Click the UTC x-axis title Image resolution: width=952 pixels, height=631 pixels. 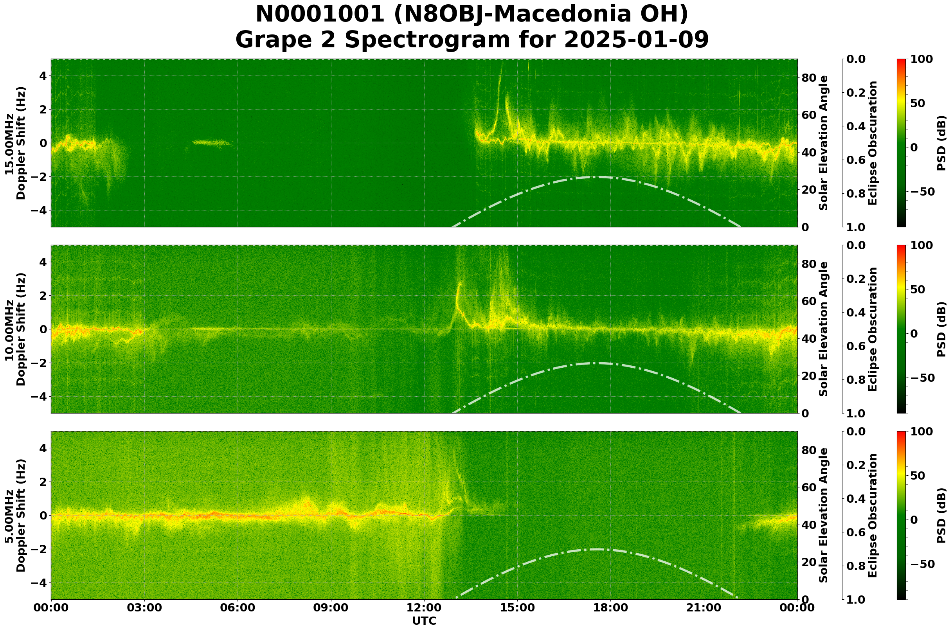pos(424,621)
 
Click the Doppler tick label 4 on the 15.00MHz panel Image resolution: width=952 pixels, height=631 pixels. pos(43,76)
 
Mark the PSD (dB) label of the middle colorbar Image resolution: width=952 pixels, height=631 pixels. pos(941,329)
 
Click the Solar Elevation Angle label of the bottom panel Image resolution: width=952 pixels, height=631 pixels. pos(824,516)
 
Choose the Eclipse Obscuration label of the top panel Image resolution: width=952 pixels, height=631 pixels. pos(872,143)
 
